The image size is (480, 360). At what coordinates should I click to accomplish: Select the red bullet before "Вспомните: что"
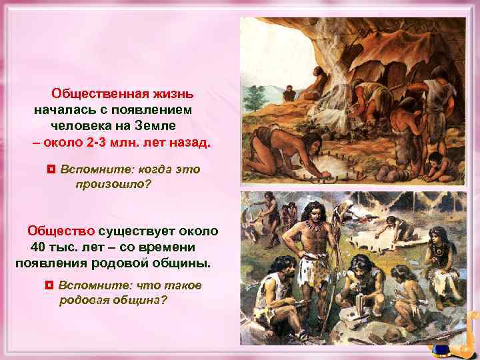tap(49, 285)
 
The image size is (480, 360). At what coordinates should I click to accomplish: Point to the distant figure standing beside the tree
tap(289, 93)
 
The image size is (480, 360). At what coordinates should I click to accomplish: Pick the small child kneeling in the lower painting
tap(403, 287)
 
